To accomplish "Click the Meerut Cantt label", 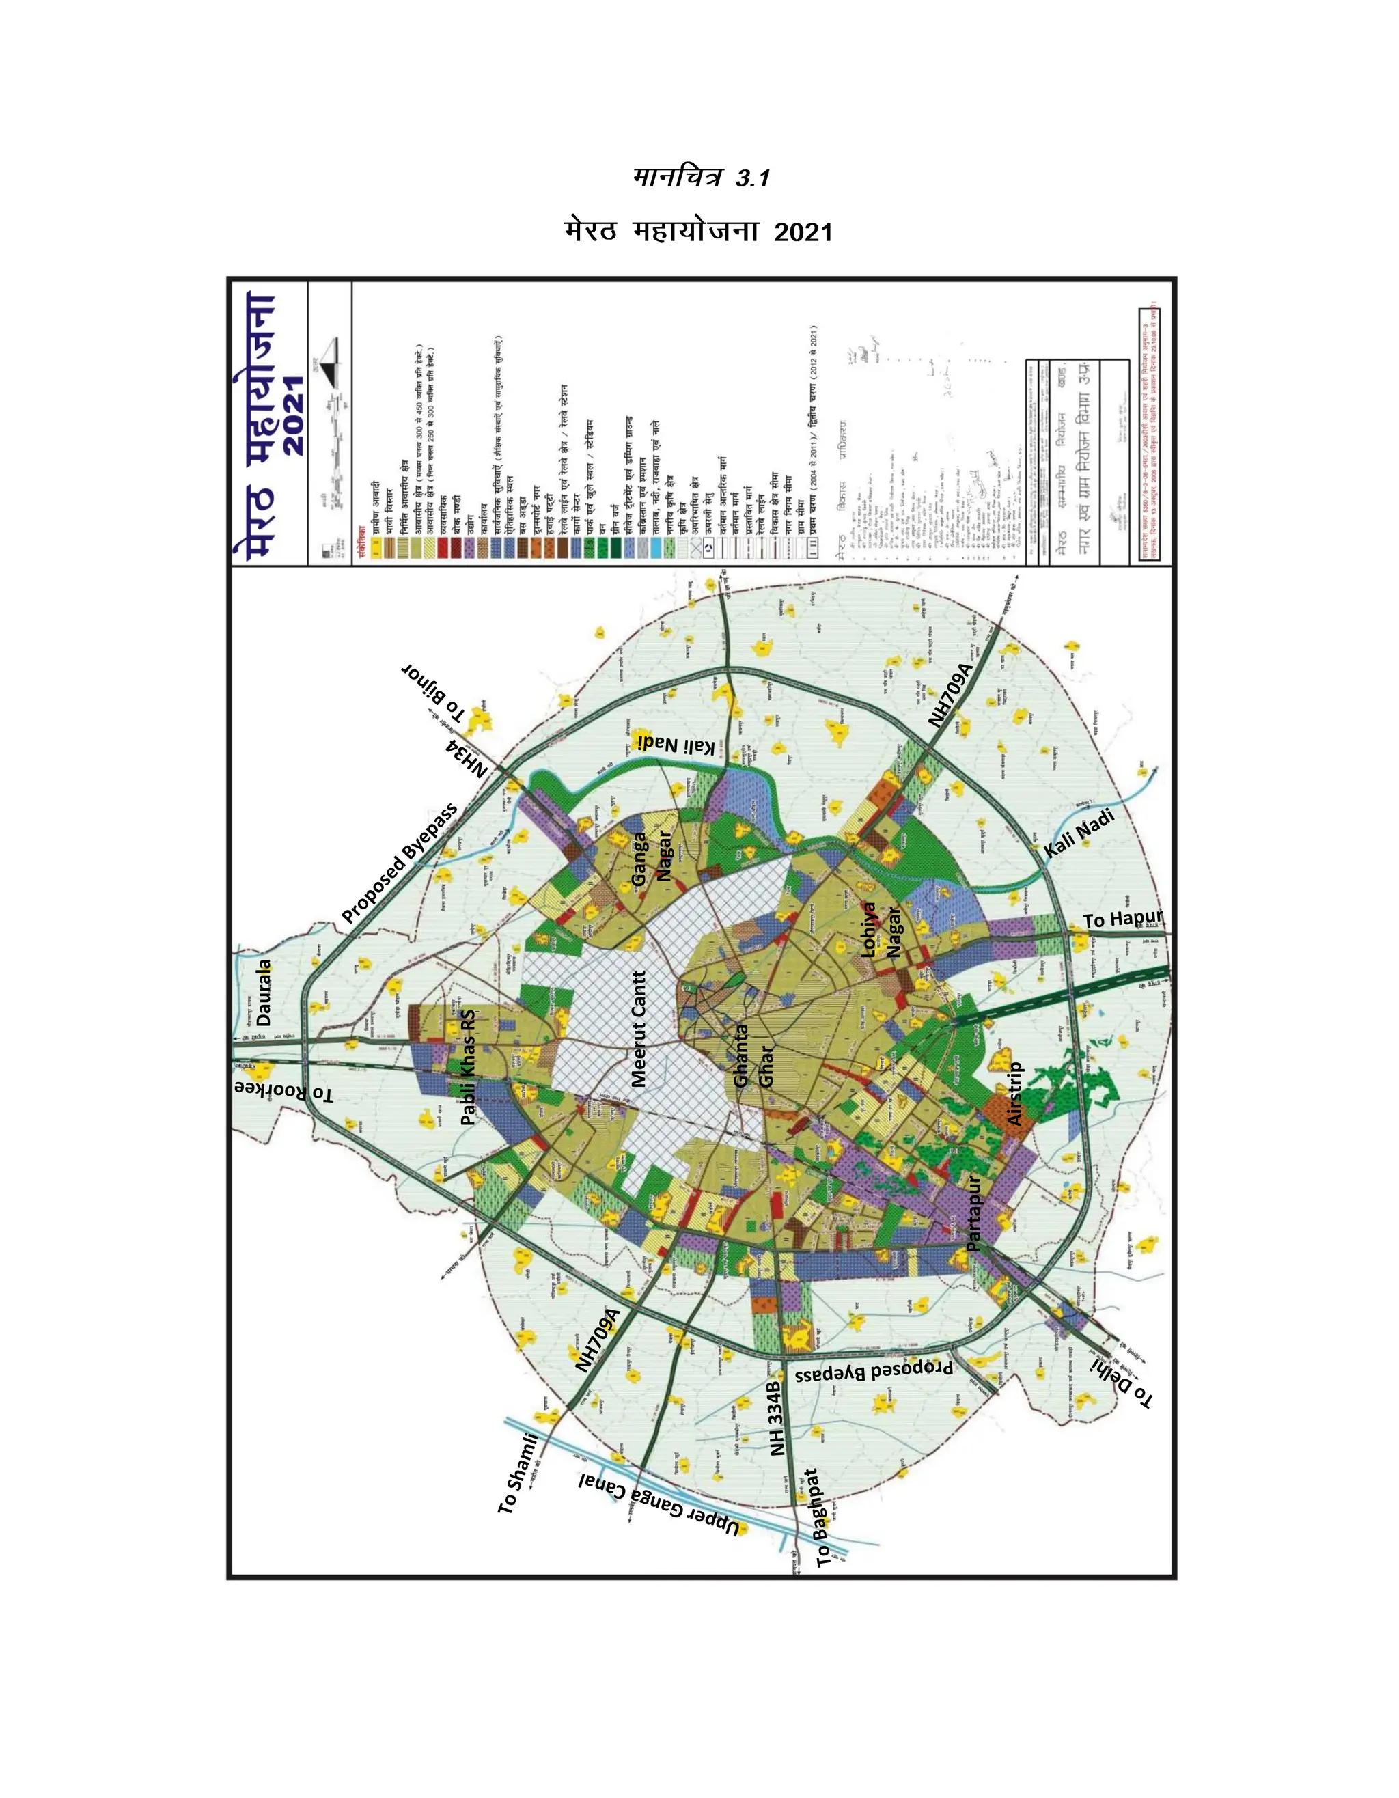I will click(638, 1029).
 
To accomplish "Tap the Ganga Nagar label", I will click(651, 858).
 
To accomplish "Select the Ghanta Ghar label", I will click(753, 1055).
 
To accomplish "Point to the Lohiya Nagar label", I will click(881, 930).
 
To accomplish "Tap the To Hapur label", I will click(1122, 919).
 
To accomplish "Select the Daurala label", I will click(264, 991).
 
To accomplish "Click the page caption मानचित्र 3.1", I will click(701, 177).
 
